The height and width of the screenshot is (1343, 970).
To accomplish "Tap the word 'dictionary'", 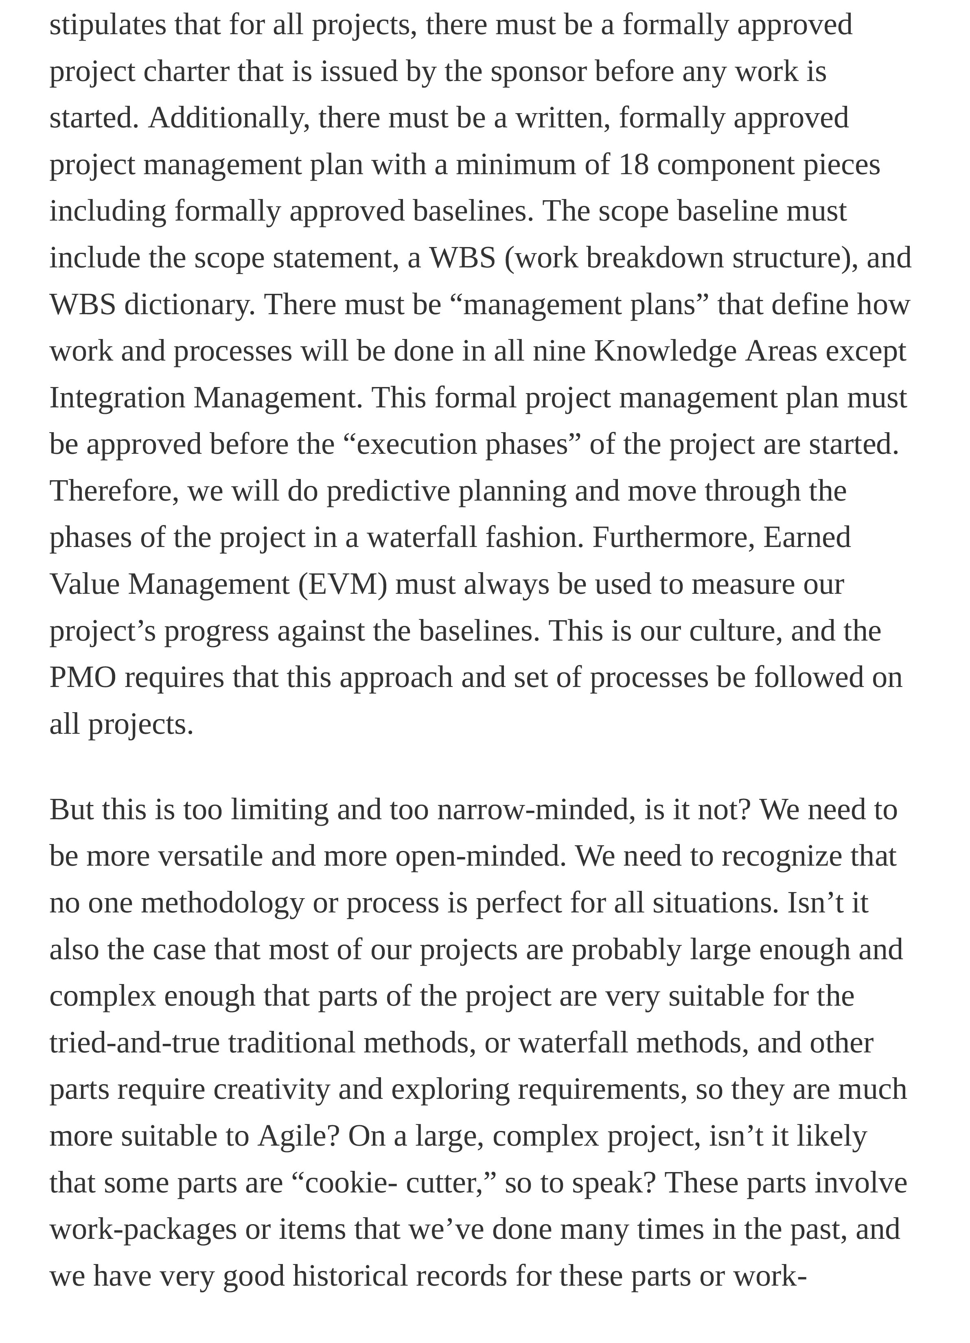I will (x=189, y=305).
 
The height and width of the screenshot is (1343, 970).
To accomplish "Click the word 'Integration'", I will (x=117, y=398).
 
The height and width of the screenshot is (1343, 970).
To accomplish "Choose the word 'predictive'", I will (x=388, y=492).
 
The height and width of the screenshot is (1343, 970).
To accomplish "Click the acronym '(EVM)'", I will (x=342, y=584).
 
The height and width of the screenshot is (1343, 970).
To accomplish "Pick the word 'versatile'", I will (x=210, y=857).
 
